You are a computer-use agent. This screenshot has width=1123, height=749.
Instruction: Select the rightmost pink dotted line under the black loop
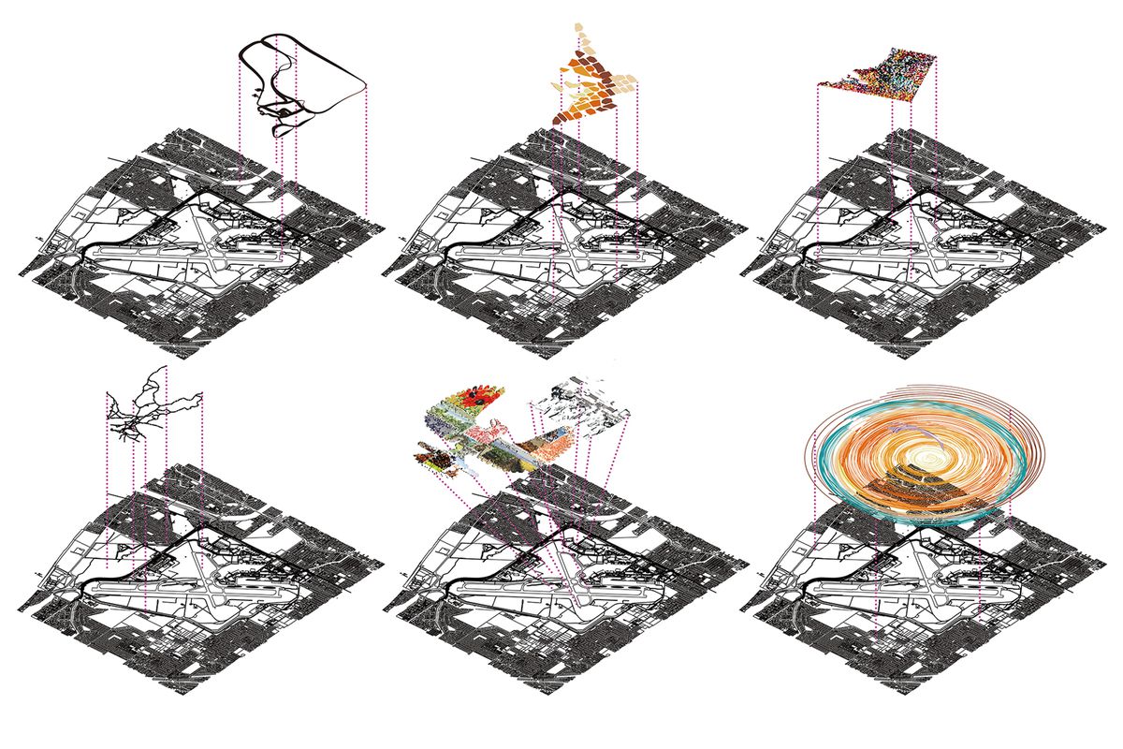pyautogui.click(x=367, y=150)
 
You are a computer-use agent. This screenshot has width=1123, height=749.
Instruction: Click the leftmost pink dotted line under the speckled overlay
pyautogui.click(x=817, y=169)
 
